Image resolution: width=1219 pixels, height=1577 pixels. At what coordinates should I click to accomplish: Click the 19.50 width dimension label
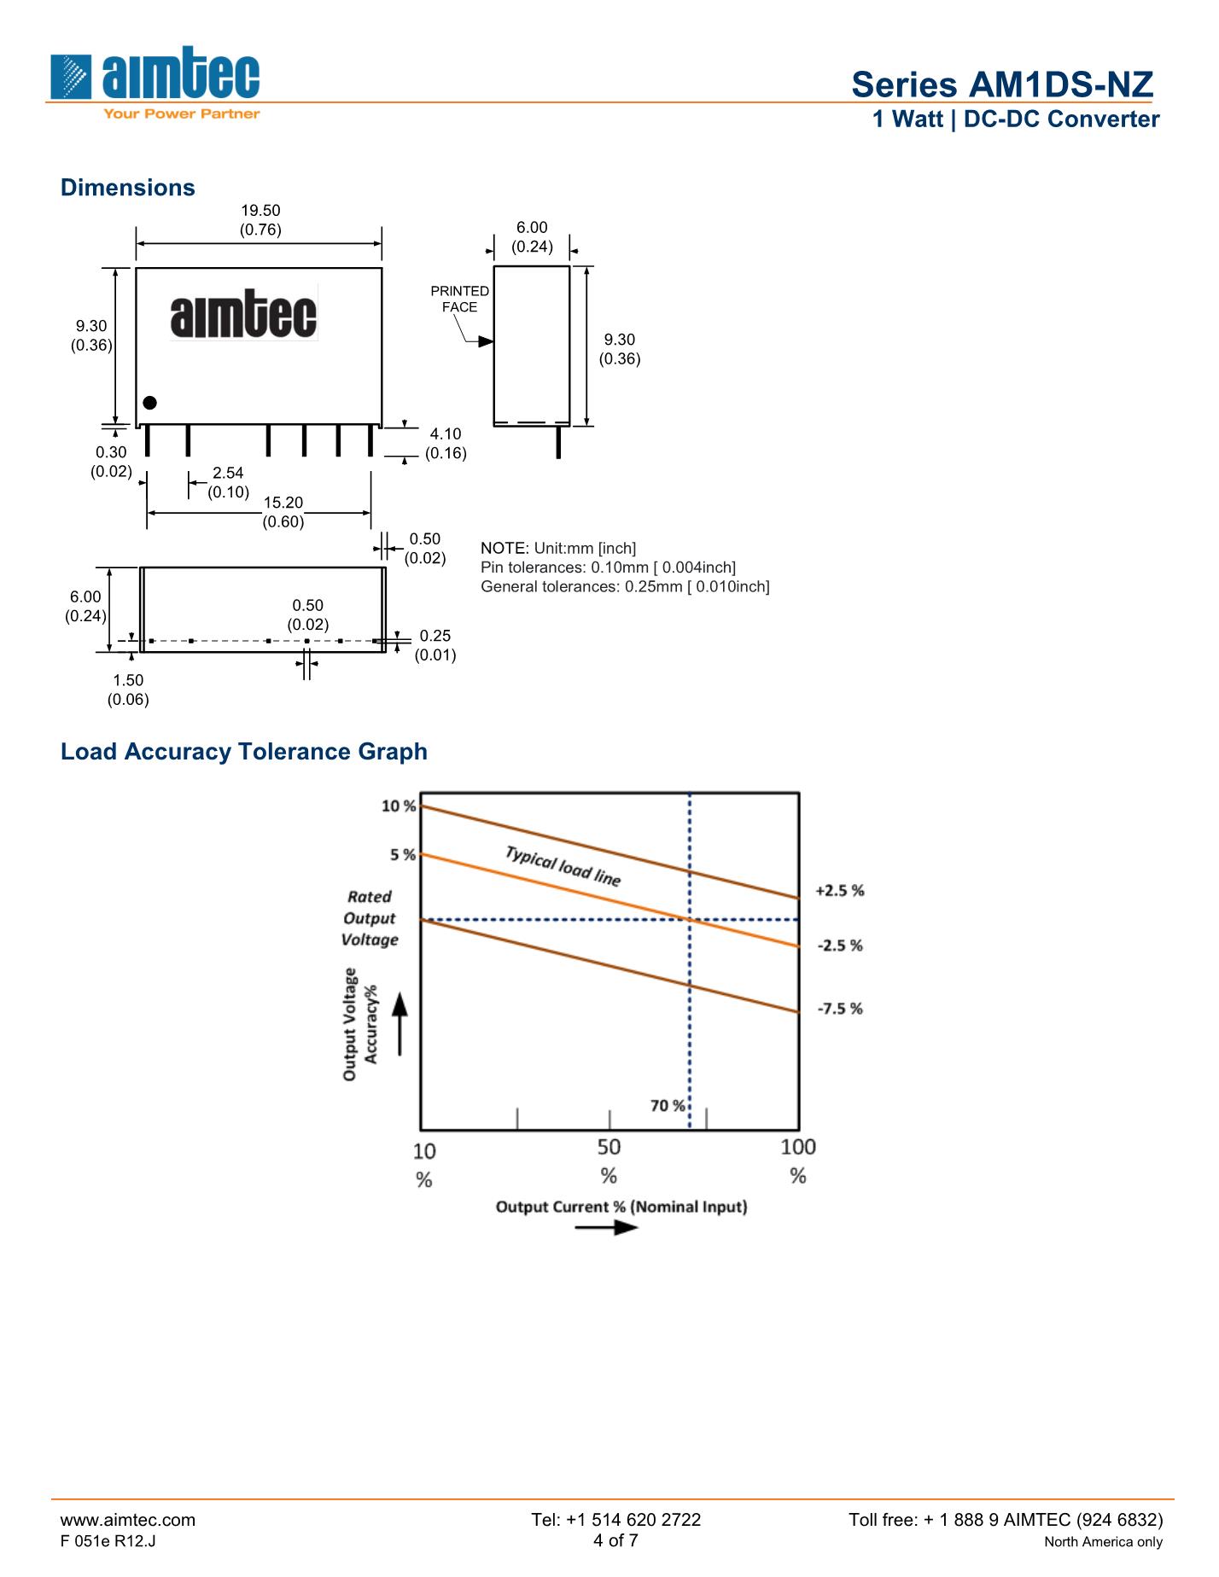point(260,211)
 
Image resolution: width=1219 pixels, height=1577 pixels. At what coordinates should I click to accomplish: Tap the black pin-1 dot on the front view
point(150,403)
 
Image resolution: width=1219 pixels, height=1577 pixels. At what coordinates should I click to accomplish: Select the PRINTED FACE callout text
point(459,299)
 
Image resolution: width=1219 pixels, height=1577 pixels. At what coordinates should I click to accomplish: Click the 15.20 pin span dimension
point(283,503)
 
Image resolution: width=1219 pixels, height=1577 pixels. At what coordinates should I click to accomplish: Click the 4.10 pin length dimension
point(446,434)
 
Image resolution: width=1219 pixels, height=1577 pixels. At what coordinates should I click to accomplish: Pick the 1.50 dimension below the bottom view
point(128,680)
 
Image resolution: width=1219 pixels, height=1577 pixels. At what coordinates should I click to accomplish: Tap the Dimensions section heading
point(128,188)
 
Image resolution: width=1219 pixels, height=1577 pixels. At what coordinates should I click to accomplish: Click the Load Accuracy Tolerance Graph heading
point(244,752)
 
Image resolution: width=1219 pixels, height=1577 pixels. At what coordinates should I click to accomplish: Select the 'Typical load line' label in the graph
point(563,866)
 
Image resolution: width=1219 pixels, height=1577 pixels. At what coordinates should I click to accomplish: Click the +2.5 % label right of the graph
point(840,891)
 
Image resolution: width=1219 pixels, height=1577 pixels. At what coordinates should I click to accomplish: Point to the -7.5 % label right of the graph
point(840,1009)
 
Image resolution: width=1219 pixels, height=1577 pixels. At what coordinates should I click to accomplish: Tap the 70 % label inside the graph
point(668,1106)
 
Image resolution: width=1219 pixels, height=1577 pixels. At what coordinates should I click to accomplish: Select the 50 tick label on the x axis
point(609,1146)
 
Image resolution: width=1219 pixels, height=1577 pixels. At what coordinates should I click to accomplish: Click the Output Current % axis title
point(621,1207)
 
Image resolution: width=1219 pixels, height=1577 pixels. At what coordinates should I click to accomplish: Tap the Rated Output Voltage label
point(370,918)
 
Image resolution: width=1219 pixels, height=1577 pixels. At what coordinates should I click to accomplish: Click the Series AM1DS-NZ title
point(1002,84)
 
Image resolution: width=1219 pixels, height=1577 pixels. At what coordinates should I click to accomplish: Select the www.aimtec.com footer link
point(128,1519)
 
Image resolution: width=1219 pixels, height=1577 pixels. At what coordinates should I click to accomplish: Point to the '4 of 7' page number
point(615,1540)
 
